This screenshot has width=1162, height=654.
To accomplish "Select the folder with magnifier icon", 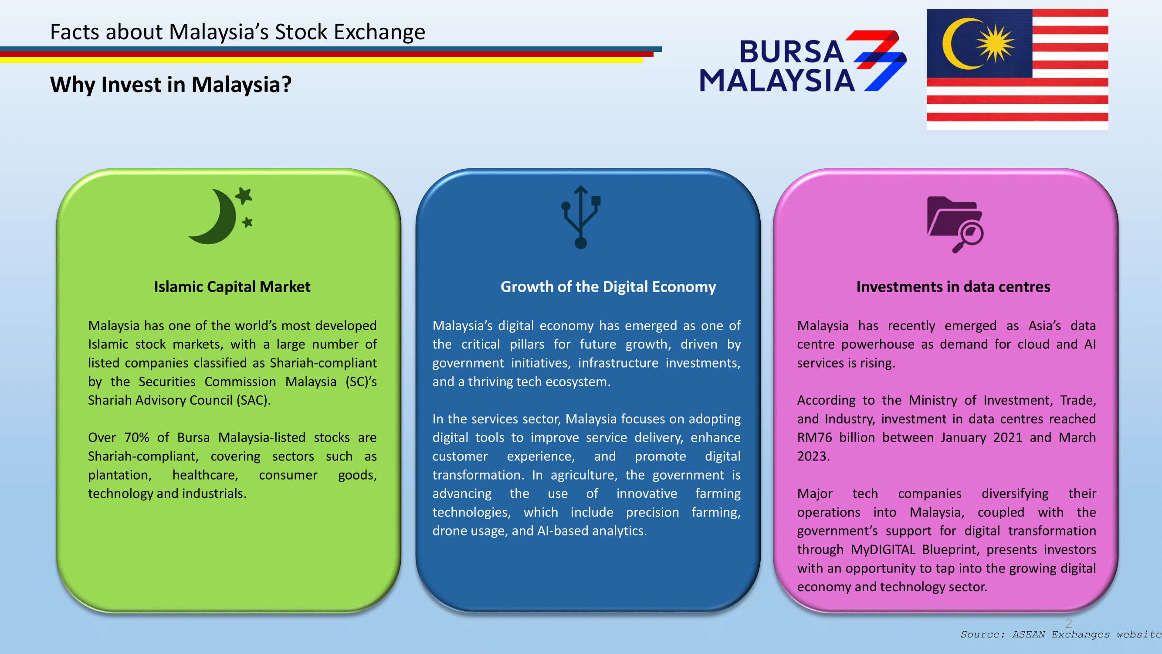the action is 955,224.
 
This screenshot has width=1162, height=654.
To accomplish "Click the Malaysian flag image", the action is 1017,69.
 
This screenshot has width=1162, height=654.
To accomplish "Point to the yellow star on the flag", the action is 996,43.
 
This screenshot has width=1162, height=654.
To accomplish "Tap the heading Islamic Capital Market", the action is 232,286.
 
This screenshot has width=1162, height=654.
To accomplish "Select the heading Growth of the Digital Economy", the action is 608,286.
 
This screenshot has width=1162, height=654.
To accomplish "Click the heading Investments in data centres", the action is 953,286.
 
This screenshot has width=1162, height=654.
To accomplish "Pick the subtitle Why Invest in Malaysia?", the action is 170,85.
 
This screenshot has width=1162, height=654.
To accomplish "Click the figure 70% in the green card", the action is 137,437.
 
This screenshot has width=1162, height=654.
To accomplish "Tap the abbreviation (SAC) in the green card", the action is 254,400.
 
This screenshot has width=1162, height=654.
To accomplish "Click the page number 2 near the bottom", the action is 1069,623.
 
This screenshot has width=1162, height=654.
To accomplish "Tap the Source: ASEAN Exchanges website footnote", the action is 1061,634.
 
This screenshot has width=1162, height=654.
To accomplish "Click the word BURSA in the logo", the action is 792,51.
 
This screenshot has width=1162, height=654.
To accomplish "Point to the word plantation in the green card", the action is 119,475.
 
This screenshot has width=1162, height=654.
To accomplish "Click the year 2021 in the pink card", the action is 1008,437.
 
